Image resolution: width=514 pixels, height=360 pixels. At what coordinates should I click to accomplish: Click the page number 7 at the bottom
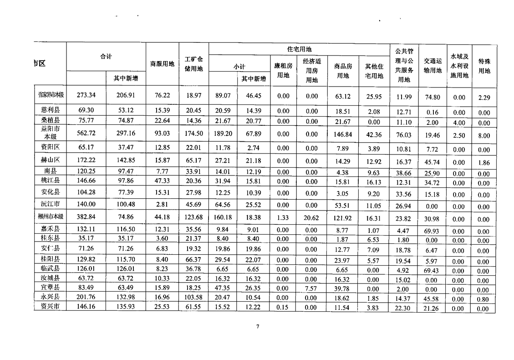(257, 326)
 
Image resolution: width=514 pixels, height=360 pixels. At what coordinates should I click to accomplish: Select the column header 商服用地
(162, 64)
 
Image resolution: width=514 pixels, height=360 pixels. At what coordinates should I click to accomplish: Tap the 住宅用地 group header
(299, 49)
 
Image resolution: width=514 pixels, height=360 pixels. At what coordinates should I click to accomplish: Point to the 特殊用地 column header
(484, 66)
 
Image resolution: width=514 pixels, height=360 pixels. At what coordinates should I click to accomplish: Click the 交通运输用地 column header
(433, 65)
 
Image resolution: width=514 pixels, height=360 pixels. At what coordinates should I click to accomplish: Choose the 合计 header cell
(106, 57)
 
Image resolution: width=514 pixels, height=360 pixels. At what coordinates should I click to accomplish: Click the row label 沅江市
(50, 204)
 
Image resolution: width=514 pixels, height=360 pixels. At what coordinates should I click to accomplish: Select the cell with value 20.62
(311, 217)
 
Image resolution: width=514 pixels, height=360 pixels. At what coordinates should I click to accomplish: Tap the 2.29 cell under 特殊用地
(484, 97)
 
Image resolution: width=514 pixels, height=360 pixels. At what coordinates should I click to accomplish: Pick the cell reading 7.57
(311, 288)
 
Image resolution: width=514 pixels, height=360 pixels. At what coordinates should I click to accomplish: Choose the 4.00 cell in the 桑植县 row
(459, 123)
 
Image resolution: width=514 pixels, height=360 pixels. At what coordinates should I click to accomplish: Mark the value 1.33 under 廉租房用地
(283, 217)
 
